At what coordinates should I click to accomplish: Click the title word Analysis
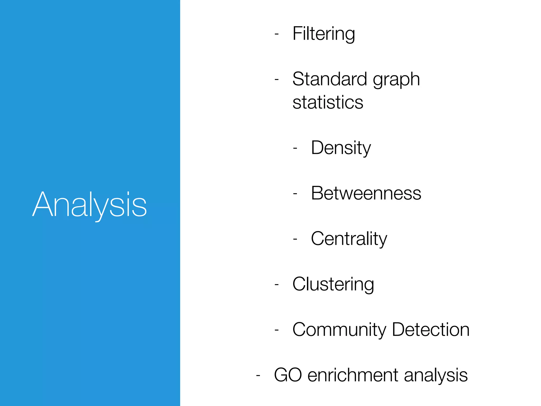coord(89,205)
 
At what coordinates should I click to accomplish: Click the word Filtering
coord(324,34)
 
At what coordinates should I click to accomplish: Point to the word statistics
coord(328,102)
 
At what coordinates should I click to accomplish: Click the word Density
coord(341,148)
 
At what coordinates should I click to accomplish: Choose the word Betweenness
coord(366,193)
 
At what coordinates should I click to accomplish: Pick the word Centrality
coord(349,239)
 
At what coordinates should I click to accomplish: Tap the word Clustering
coord(333,284)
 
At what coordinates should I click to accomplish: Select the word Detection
coord(431,330)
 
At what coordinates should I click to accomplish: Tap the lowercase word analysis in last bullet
coord(436,375)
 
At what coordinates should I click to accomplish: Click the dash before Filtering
coord(277,34)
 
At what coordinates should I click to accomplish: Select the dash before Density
coord(295,148)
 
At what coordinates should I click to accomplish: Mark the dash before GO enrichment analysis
coord(258,375)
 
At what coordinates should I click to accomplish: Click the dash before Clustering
coord(277,285)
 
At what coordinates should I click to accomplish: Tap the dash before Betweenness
coord(295,194)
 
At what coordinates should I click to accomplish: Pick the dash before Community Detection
coord(277,330)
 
